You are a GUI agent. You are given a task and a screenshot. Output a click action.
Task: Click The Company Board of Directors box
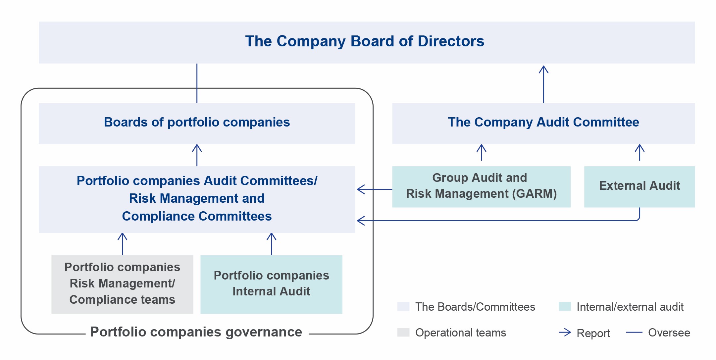point(367,42)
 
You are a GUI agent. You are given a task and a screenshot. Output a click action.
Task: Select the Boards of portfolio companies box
point(197,123)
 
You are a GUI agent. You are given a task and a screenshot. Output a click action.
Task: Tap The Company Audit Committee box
point(543,123)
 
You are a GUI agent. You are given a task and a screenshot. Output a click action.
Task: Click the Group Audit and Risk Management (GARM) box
point(481,187)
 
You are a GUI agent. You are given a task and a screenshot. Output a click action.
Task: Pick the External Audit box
point(639,187)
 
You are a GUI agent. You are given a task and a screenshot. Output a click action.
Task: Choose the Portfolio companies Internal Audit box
point(271,284)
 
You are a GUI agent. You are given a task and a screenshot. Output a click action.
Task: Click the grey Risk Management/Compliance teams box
point(122,284)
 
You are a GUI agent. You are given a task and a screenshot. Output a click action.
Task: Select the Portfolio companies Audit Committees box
point(197,199)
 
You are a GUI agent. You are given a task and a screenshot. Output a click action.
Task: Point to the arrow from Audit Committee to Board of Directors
point(543,84)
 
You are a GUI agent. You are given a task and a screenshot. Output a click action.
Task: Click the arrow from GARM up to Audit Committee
point(481,152)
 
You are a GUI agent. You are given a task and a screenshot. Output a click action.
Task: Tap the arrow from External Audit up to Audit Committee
point(639,152)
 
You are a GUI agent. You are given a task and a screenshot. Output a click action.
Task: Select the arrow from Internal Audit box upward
point(271,244)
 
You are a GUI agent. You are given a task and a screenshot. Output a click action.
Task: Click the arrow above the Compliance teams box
point(122,244)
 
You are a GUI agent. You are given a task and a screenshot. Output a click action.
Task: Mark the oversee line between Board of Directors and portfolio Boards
point(197,83)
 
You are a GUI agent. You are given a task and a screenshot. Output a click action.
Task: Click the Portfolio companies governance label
point(196,332)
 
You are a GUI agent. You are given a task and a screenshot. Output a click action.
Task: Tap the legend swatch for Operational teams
point(403,332)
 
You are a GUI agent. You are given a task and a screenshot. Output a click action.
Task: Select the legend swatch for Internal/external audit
point(565,306)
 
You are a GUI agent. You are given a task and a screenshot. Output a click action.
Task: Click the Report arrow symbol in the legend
point(565,332)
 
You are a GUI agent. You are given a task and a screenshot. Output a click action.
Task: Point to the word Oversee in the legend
point(669,333)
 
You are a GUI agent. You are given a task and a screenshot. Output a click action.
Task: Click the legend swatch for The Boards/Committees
point(403,306)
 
